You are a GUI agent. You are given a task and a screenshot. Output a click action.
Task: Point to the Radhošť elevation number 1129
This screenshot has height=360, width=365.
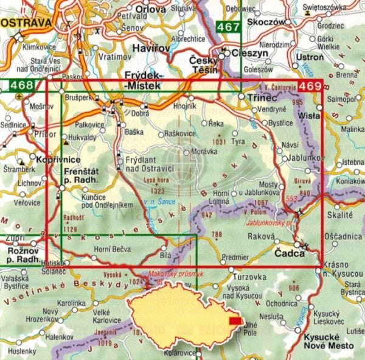pyautogui.click(x=71, y=229)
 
